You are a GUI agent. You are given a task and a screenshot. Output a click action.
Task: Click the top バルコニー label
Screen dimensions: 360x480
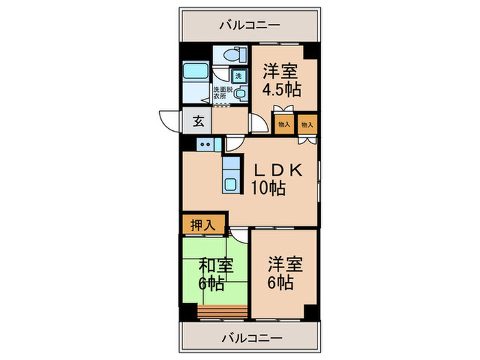click(x=250, y=25)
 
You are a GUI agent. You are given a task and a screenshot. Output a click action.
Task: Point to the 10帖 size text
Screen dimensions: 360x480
click(x=269, y=189)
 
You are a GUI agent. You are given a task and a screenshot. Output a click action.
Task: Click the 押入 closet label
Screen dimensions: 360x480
click(x=199, y=224)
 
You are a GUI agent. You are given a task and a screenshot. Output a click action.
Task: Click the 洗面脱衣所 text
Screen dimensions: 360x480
click(x=221, y=93)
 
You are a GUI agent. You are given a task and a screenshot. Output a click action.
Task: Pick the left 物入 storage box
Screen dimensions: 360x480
click(x=283, y=125)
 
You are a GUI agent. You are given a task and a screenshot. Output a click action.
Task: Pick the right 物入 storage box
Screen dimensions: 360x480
click(x=307, y=125)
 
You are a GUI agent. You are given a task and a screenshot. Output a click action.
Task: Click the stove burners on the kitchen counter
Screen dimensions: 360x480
click(x=206, y=144)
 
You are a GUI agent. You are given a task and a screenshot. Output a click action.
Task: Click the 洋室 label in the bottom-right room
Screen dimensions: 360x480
click(x=282, y=264)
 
